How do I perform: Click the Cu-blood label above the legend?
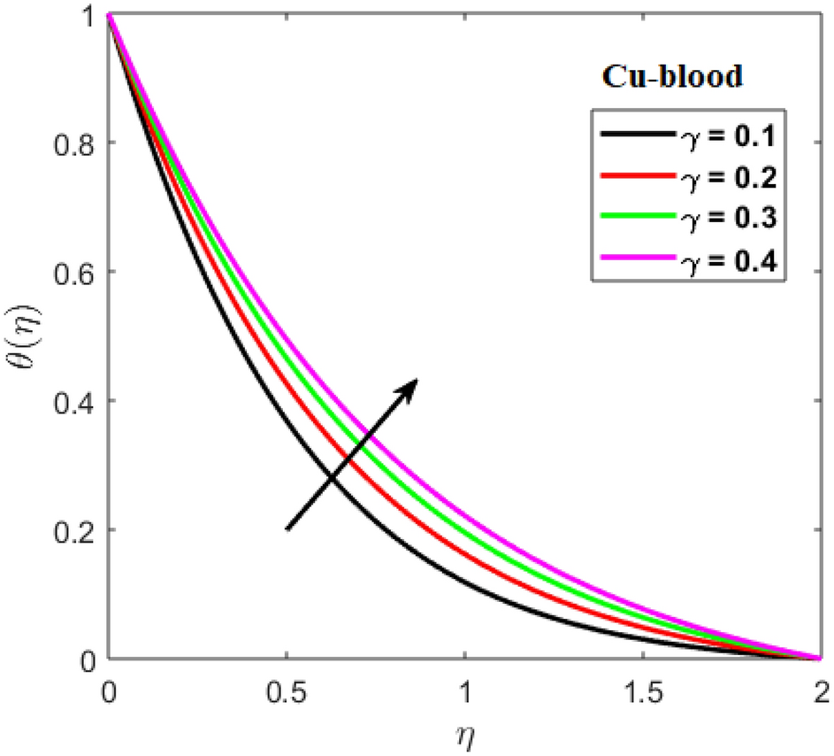(671, 77)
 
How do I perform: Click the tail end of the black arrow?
(288, 528)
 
